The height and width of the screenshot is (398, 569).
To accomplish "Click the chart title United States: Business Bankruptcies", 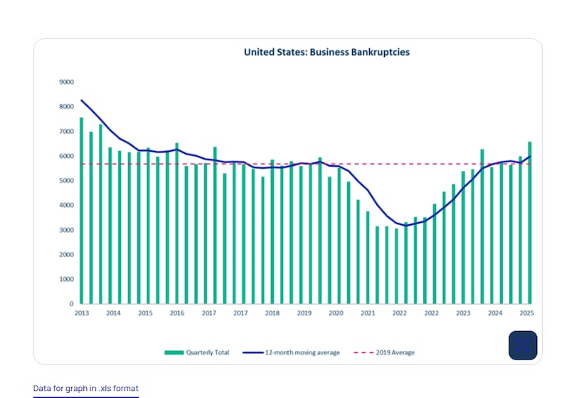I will coord(326,52).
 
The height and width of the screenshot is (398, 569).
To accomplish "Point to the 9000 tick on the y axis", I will coord(66,82).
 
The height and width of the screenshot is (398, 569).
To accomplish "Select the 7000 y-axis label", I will coord(66,132).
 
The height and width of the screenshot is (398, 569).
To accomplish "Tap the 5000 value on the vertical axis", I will coord(66,181).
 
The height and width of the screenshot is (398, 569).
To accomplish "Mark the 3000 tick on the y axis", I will coord(66,230).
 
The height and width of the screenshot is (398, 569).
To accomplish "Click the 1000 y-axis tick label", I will coord(66,279).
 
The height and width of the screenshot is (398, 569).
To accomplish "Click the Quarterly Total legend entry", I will coord(197,352).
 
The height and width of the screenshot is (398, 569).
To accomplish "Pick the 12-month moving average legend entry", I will coord(291,352).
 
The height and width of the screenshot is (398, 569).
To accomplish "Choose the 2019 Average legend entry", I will coord(383,352).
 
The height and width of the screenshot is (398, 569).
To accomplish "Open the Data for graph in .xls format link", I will coord(86,389).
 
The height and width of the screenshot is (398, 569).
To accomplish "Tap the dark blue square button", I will coord(523,345).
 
